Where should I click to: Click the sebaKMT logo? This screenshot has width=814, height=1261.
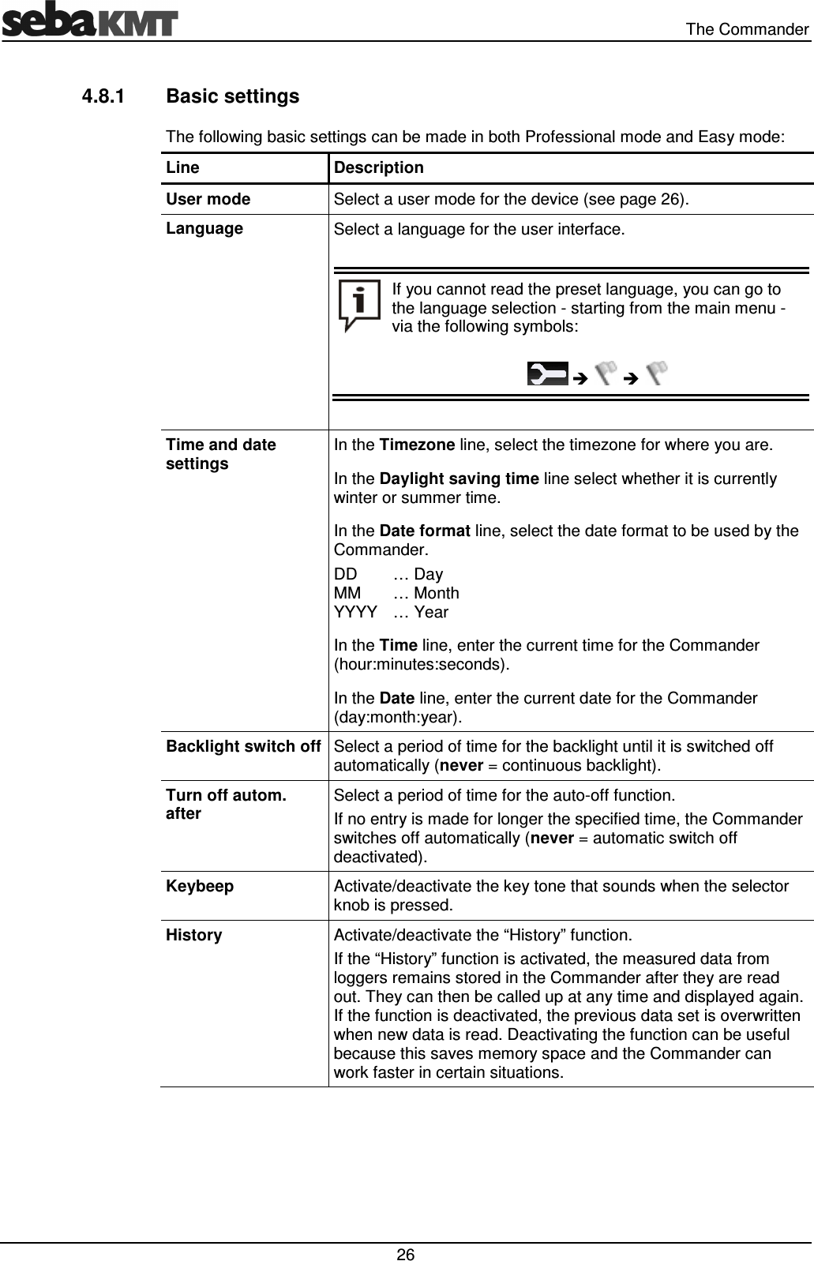(x=89, y=21)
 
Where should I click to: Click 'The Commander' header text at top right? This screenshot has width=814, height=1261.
(x=746, y=30)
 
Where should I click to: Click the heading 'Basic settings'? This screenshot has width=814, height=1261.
(x=233, y=96)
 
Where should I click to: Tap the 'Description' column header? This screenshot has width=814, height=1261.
(x=378, y=167)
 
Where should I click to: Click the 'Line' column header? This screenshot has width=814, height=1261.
(x=182, y=167)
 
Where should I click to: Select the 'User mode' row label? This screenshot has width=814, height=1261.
(x=208, y=199)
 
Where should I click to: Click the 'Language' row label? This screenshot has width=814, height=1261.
(x=204, y=228)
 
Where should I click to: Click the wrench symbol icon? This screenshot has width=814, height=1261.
(x=547, y=373)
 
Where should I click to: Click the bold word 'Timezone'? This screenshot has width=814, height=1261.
(x=416, y=445)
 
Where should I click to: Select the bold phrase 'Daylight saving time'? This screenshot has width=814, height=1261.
(x=460, y=479)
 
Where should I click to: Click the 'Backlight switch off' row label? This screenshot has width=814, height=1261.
(x=243, y=746)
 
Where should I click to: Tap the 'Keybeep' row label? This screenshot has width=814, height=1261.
(x=200, y=886)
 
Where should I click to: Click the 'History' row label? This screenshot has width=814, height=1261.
(x=194, y=935)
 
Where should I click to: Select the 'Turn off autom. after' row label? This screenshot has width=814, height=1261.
(x=226, y=804)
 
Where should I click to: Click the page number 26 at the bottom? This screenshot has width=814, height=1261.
(x=406, y=1255)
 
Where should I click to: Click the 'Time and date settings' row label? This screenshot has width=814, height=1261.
(x=221, y=454)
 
